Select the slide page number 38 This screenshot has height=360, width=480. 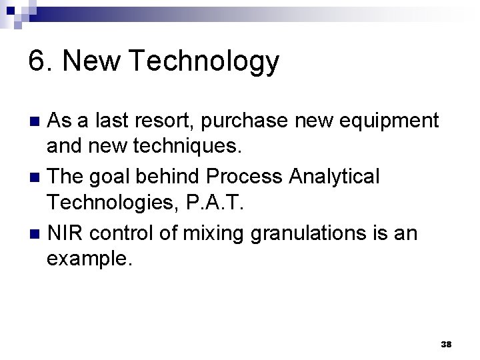[x=447, y=344]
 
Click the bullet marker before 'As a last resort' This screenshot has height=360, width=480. [x=37, y=122]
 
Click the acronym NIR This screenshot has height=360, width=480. [x=66, y=233]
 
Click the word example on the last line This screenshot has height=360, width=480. [x=89, y=261]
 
